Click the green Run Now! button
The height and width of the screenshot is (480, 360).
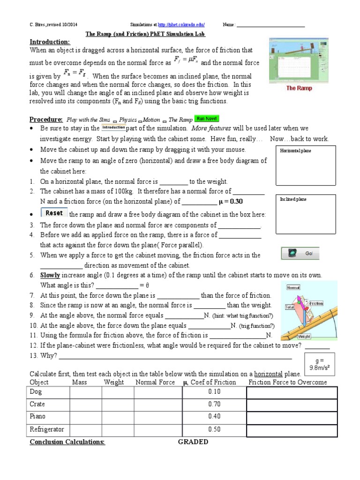pos(207,119)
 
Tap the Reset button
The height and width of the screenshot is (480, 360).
pos(54,213)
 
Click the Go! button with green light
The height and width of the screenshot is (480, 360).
pos(300,254)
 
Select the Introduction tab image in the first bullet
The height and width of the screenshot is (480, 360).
pos(113,127)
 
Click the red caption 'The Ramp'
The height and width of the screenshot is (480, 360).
pos(299,88)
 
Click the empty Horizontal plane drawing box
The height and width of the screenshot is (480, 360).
pos(305,165)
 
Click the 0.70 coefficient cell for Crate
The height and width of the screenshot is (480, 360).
pos(214,404)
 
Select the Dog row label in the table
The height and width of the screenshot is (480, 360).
pos(36,391)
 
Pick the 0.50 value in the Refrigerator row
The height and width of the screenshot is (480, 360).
pos(214,429)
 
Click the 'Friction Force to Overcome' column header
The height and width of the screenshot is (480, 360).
pos(287,382)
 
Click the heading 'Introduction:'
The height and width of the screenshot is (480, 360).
pos(50,42)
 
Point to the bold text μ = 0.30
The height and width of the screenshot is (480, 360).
pos(231,202)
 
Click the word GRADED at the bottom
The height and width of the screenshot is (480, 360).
pos(193,442)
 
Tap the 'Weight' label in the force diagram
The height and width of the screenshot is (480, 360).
pos(304,336)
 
